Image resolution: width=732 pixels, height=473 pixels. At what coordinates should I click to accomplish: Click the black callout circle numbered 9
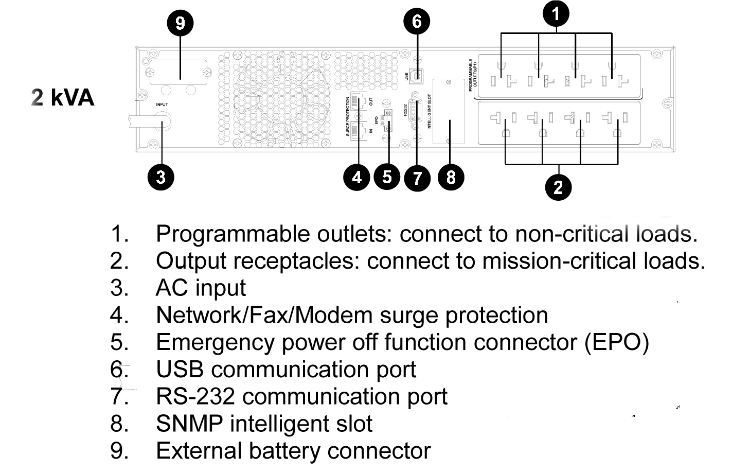coord(180,23)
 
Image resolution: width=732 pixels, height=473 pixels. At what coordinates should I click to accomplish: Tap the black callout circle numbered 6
coord(417,22)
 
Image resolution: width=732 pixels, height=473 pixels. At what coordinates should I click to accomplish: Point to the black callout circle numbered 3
coord(160,177)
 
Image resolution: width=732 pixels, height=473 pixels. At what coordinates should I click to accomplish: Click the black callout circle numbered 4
coord(357,177)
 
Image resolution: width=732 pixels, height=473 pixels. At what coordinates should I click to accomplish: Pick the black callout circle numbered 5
coord(387,177)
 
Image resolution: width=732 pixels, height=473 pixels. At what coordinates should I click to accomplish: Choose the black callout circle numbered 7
coord(417,178)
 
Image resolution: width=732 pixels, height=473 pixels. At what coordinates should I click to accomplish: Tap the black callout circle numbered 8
coord(451,177)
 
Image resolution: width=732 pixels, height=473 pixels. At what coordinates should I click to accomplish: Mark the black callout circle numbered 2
coord(559,186)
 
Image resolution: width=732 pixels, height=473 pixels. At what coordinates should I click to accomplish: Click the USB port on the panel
coord(417,75)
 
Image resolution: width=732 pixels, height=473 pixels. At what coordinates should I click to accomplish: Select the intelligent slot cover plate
coord(449,111)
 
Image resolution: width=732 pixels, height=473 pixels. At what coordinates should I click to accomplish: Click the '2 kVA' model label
coord(63,97)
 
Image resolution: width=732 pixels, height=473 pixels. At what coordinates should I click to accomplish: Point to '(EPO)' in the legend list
coord(616,342)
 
